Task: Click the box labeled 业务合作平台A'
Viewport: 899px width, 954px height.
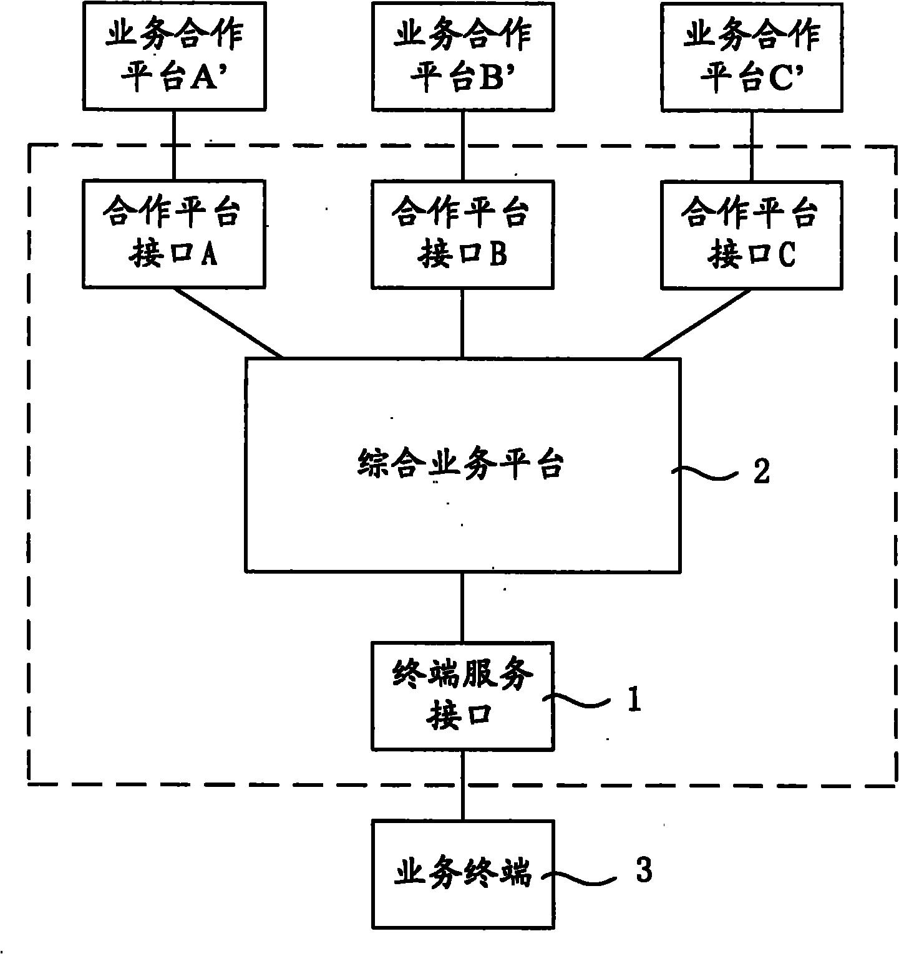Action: (173, 56)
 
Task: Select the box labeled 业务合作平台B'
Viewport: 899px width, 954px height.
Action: (462, 56)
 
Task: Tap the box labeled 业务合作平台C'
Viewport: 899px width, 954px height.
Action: (751, 56)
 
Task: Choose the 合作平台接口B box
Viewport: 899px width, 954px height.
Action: (462, 234)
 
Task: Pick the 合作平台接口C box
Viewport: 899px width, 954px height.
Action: (751, 234)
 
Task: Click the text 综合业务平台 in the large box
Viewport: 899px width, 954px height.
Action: (461, 465)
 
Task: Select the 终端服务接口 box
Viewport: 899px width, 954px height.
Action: (462, 695)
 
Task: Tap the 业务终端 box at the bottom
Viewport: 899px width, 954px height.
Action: (462, 874)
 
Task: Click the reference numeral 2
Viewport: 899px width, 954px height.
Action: (762, 471)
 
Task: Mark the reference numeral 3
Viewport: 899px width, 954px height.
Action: (644, 870)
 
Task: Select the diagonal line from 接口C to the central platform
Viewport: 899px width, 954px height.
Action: (697, 323)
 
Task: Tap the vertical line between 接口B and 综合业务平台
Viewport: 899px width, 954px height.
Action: (462, 323)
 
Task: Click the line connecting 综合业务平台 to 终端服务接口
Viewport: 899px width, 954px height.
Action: (462, 607)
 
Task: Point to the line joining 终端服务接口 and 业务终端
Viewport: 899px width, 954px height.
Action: (462, 784)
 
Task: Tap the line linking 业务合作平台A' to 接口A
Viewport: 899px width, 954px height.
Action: (173, 145)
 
